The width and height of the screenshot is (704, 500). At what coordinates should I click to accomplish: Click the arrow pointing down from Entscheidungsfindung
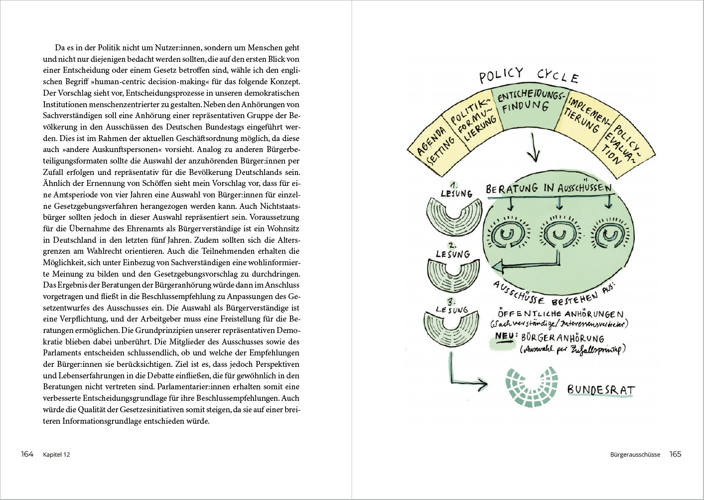(x=533, y=147)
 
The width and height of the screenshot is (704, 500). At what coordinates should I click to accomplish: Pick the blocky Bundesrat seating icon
(x=532, y=387)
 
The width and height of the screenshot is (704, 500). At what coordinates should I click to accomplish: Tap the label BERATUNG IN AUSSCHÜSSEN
(x=549, y=188)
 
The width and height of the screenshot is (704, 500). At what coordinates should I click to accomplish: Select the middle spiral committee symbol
(x=559, y=234)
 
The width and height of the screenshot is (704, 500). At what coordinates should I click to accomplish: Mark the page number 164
(x=27, y=454)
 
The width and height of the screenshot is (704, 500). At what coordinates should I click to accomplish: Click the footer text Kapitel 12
(x=57, y=455)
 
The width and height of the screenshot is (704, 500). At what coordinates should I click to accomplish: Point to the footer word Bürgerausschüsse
(x=635, y=455)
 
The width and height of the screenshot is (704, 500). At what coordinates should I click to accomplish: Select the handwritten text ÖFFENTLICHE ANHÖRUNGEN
(x=561, y=314)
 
